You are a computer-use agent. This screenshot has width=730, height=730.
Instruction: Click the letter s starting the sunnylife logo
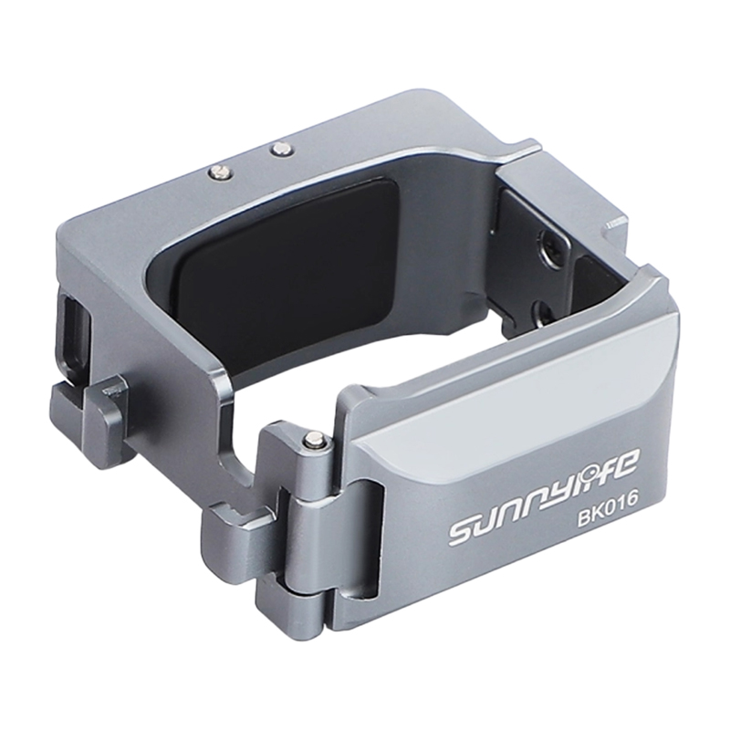[x=463, y=533]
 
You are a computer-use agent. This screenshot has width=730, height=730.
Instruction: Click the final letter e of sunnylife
[x=631, y=459]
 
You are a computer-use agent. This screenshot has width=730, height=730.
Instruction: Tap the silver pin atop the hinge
[x=314, y=440]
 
